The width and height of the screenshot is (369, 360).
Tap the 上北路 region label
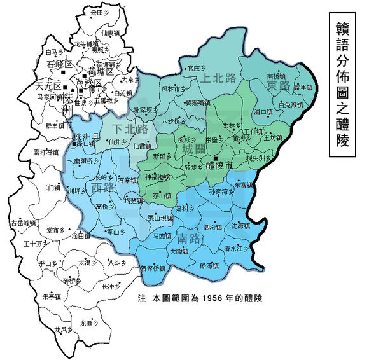click(x=218, y=78)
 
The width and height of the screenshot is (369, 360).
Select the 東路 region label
click(x=278, y=85)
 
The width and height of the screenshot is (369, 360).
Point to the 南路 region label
click(x=191, y=240)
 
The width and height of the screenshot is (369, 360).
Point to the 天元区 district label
click(x=29, y=85)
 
